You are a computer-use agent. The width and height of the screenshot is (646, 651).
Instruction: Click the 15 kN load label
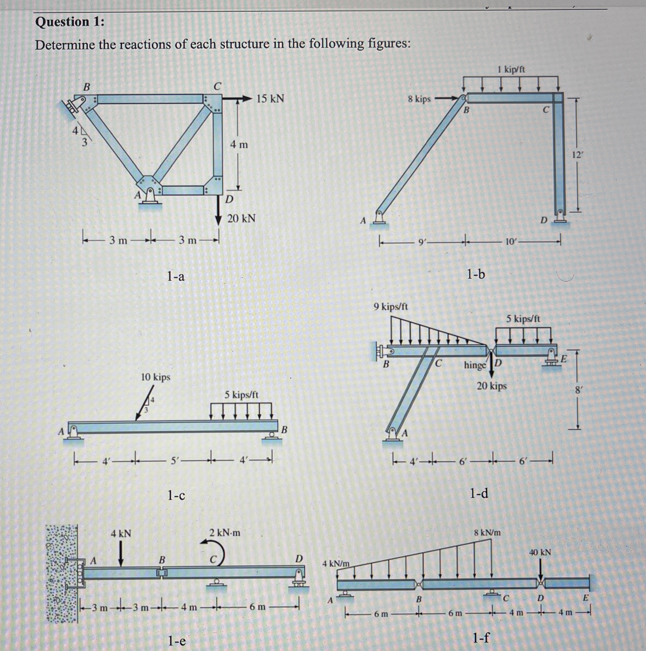click(x=270, y=99)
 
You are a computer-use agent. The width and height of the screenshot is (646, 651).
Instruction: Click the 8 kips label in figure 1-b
click(x=419, y=99)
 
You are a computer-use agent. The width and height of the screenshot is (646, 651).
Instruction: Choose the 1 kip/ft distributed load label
click(x=511, y=70)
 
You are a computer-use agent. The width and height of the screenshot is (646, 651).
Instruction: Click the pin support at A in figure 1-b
click(x=380, y=218)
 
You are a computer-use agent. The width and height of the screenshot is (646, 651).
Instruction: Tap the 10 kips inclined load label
click(x=156, y=377)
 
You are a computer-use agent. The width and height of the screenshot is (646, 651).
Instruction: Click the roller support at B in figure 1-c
click(x=271, y=435)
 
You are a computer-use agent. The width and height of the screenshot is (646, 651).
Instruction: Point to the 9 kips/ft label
click(x=390, y=307)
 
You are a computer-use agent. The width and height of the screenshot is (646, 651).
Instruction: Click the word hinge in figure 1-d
click(x=475, y=365)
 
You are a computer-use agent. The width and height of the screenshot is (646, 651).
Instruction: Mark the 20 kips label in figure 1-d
click(x=492, y=385)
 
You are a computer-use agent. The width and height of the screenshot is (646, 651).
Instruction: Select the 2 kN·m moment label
click(x=225, y=533)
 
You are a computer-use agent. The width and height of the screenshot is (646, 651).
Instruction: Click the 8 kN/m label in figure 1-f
click(x=487, y=533)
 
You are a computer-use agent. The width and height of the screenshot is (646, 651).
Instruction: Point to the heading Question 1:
click(x=70, y=22)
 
